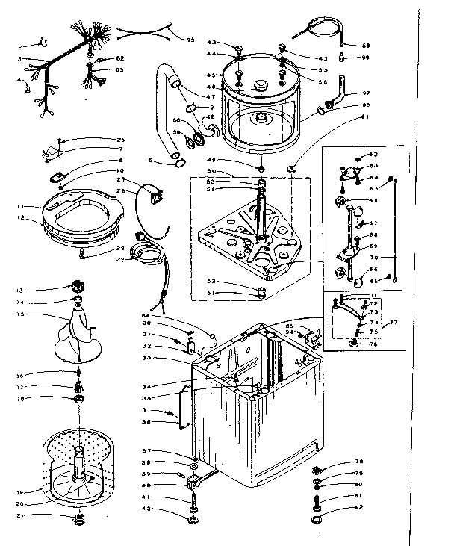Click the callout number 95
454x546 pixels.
(x=190, y=40)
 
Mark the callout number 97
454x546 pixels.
(x=366, y=93)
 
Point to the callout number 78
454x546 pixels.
(x=358, y=461)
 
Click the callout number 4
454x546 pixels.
(x=20, y=80)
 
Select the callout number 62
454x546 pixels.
(x=119, y=58)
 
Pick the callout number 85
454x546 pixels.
(x=288, y=326)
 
